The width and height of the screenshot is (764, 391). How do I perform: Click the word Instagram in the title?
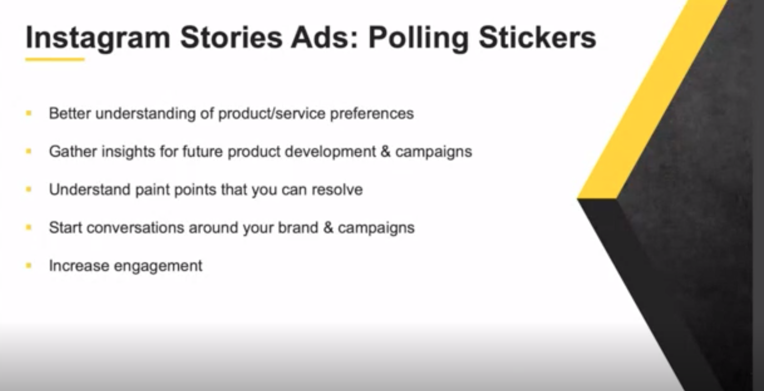(98, 38)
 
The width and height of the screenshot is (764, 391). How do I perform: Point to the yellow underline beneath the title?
(55, 60)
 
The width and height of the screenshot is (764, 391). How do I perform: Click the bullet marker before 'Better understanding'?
(29, 113)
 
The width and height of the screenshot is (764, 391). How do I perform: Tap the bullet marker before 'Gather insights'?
(29, 151)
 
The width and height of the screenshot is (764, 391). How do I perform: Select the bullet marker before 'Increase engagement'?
(29, 266)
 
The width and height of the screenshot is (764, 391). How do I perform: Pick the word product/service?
(272, 113)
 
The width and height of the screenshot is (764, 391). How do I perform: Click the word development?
(330, 152)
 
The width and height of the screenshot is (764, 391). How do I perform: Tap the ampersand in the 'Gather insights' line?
(386, 152)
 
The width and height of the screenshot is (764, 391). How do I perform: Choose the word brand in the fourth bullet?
(298, 227)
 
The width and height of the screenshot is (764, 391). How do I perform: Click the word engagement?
(158, 266)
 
